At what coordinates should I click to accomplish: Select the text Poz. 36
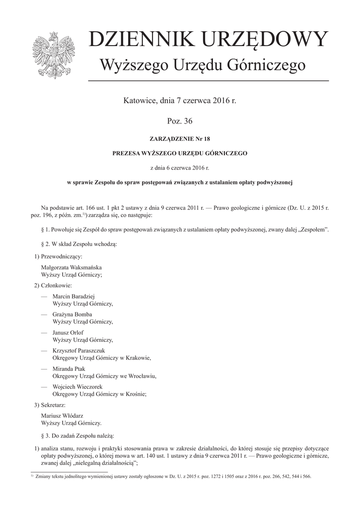[x=180, y=121]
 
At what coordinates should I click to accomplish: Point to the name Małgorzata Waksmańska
[x=72, y=267]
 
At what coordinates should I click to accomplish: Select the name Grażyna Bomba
[x=72, y=314]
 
